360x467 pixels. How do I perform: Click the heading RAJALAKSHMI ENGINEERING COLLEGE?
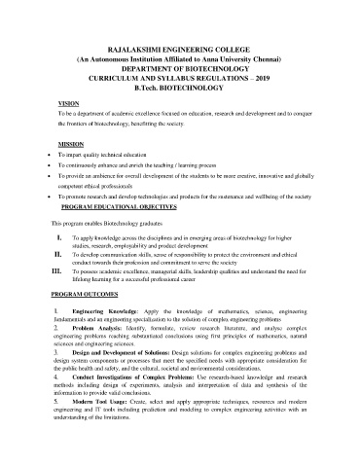click(180, 47)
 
